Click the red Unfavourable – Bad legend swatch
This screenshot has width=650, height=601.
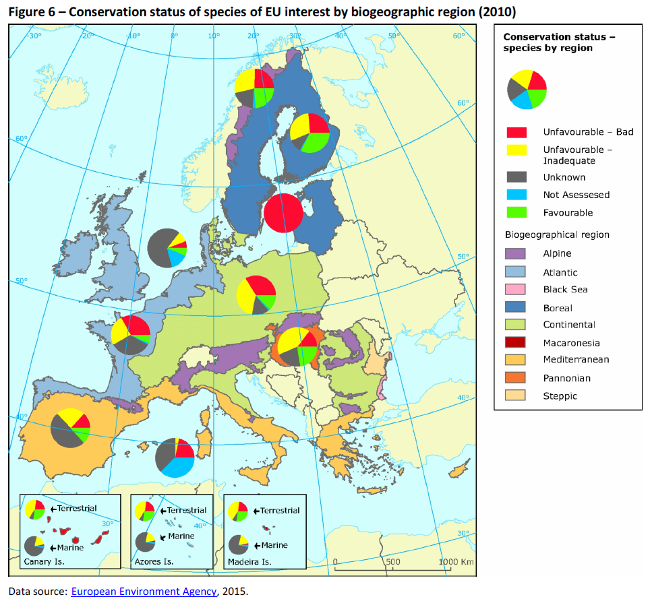point(516,132)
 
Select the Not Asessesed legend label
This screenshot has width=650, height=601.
point(576,195)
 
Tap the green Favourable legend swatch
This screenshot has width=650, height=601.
point(516,212)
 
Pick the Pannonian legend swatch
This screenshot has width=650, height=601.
point(516,379)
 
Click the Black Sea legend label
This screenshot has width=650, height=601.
point(565,290)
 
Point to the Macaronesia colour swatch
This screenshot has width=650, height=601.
point(516,343)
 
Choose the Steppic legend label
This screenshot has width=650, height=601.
point(560,396)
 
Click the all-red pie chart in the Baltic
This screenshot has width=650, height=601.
point(283,213)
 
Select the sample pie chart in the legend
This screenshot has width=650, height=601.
point(527,89)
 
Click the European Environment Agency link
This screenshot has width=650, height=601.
point(144,592)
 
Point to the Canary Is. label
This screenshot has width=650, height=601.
point(45,560)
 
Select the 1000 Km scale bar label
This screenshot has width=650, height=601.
point(456,561)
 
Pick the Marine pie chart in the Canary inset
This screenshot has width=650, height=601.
point(34,544)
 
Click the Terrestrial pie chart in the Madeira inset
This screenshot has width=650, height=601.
point(238,511)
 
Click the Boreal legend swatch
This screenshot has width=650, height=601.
point(516,308)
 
